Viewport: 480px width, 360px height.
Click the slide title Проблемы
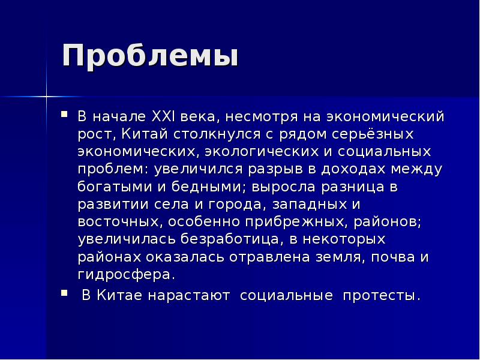click(x=150, y=56)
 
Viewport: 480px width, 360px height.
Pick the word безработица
click(x=224, y=240)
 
